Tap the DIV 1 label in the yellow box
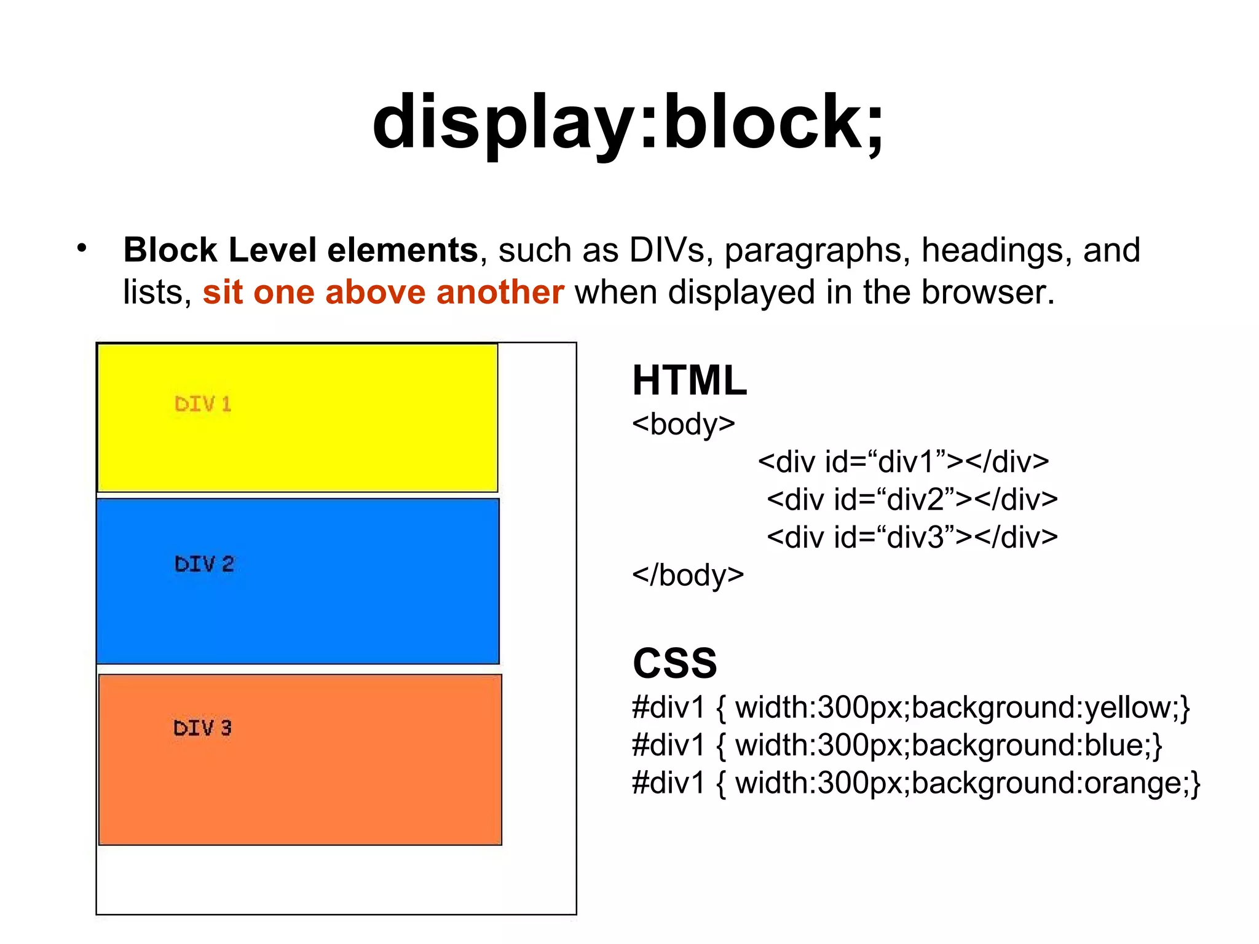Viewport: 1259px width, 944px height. (203, 404)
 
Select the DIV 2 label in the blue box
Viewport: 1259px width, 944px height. (204, 564)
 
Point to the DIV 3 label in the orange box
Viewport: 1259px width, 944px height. (202, 728)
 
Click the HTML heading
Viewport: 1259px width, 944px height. (689, 380)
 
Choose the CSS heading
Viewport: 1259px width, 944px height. (674, 663)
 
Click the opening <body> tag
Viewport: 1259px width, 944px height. (683, 424)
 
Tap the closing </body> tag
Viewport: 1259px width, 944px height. (687, 575)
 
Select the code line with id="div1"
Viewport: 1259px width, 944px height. (903, 462)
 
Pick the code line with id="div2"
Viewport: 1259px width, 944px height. (912, 500)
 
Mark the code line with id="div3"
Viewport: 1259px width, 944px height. (912, 537)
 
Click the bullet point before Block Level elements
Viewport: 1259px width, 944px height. (82, 248)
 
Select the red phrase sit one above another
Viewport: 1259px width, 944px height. (383, 292)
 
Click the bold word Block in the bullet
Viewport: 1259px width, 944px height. (170, 250)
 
